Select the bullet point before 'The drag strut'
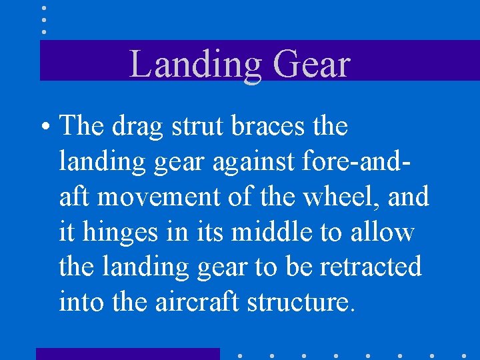(46, 127)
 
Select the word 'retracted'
(371, 267)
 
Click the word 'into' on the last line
(81, 302)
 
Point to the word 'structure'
(297, 302)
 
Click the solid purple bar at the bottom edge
(127, 353)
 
